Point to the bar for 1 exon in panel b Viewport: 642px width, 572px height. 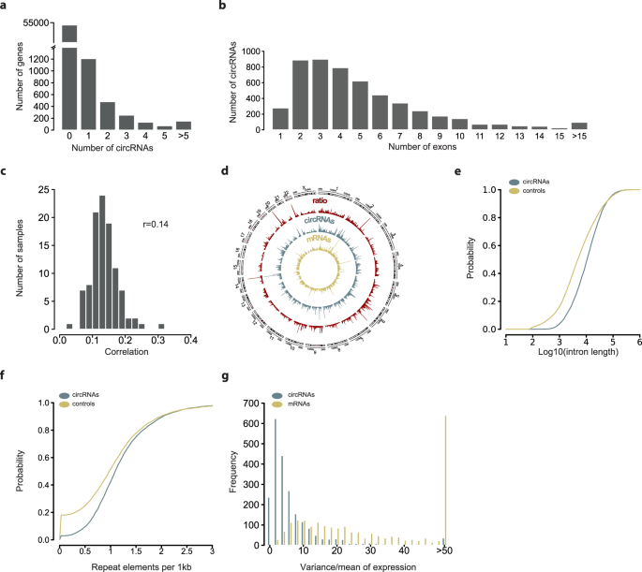tap(279, 119)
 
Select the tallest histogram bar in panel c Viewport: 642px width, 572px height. tap(102, 262)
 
